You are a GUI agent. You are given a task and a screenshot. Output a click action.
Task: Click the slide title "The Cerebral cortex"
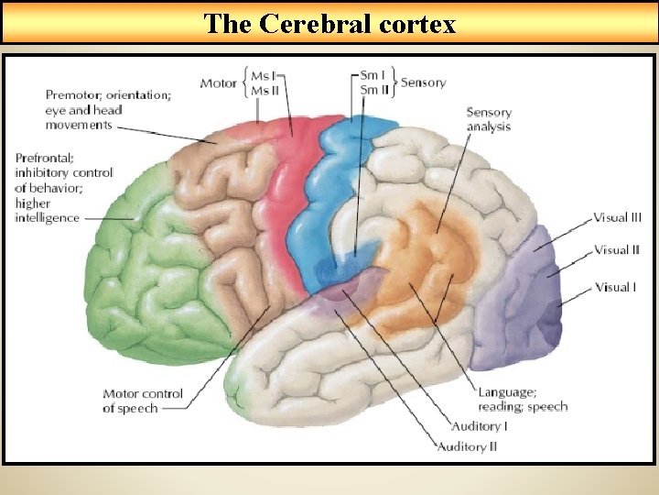click(329, 23)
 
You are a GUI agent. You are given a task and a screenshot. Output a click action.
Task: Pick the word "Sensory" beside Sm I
click(423, 82)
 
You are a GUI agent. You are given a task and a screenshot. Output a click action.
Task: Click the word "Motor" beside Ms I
click(219, 83)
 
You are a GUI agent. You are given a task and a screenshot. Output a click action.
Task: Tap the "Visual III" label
click(617, 217)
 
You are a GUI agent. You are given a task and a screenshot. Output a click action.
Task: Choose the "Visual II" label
click(616, 249)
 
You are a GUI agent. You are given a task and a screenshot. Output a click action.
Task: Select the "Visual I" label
click(614, 287)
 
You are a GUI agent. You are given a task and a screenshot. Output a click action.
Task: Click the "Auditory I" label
click(480, 426)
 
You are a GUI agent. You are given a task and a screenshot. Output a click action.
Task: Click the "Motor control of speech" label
click(143, 401)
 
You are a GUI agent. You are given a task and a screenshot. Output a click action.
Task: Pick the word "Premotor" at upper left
click(73, 94)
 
